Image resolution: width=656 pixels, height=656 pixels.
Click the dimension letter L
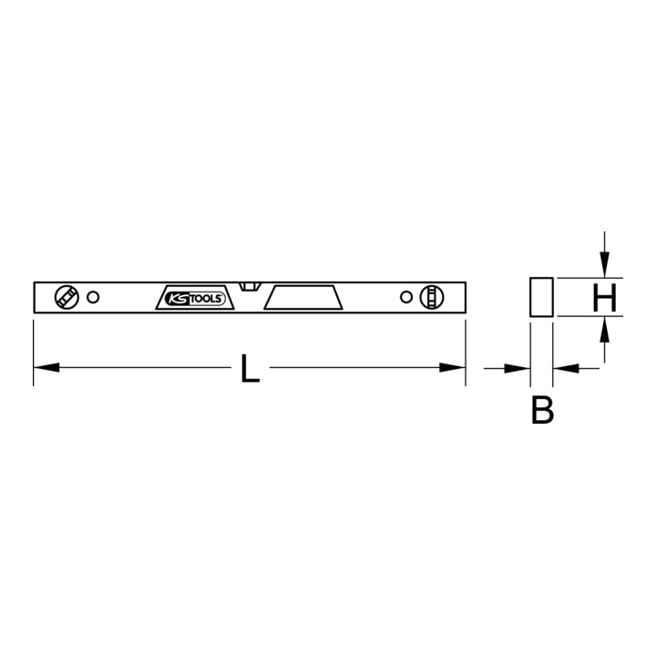point(251,368)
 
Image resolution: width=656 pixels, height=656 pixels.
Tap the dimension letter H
point(605,297)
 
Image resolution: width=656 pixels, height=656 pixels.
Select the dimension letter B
point(542,410)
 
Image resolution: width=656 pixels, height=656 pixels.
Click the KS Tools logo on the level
point(195,298)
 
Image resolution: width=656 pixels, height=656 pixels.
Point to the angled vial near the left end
point(67,297)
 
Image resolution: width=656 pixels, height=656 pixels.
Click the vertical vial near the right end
point(432,297)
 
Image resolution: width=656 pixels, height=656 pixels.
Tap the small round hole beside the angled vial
point(93,297)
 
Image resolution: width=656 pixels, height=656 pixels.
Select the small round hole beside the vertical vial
point(405,297)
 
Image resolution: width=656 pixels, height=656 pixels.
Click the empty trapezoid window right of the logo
point(303,298)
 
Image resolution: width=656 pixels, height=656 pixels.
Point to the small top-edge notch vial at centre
point(251,287)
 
